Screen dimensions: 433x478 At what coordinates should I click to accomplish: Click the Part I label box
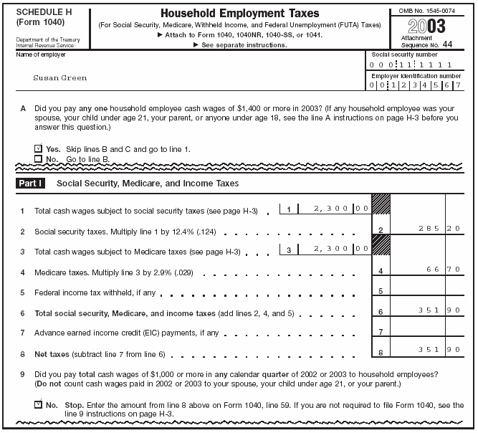click(x=31, y=184)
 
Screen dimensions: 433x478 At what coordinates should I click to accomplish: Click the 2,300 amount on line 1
click(x=330, y=209)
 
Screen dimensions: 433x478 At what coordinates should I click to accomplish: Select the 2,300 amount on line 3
click(x=330, y=249)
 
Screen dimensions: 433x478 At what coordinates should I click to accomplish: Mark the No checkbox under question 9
click(x=39, y=404)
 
